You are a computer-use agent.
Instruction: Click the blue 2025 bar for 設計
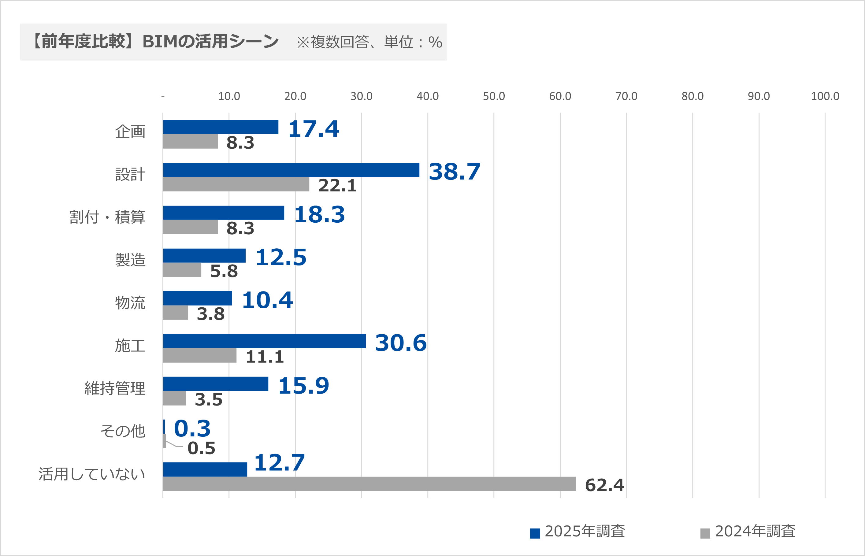pos(291,170)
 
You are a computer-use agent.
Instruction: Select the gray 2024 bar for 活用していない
pos(369,484)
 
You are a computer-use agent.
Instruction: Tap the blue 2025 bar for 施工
pos(264,341)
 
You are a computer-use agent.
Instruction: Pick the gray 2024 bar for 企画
pos(190,142)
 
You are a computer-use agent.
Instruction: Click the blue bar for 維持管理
pos(216,384)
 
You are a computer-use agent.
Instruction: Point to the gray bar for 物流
pos(176,313)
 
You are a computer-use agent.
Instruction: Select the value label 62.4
pos(604,485)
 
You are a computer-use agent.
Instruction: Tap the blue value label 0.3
pos(192,428)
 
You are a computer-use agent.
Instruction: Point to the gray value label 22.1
pos(338,186)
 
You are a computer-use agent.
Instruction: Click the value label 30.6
pos(401,343)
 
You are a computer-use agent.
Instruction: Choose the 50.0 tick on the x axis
pos(494,96)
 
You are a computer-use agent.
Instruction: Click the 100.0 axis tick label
pos(825,96)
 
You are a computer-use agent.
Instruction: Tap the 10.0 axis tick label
pos(229,96)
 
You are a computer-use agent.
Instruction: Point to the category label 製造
pos(130,260)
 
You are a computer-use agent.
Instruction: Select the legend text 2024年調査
pos(755,532)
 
